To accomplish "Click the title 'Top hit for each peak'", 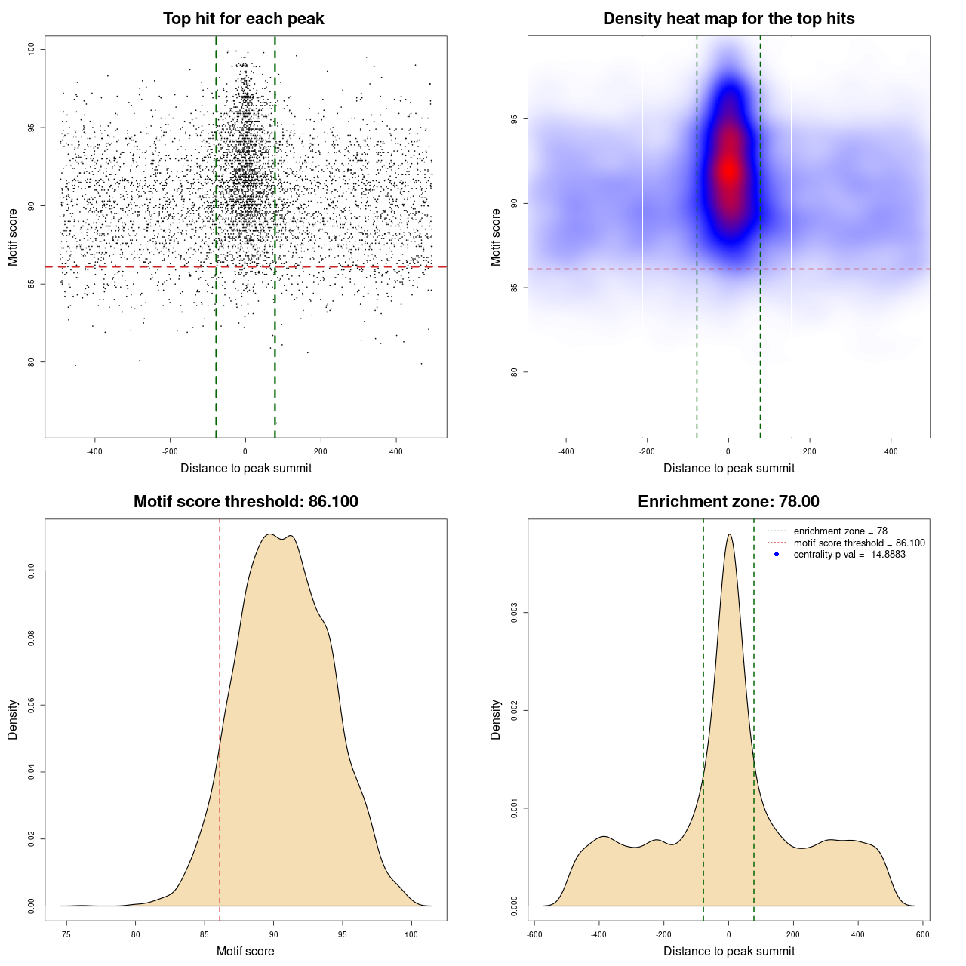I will pyautogui.click(x=243, y=19).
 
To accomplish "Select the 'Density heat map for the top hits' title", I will pyautogui.click(x=728, y=19).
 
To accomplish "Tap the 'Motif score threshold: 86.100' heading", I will pyautogui.click(x=245, y=502).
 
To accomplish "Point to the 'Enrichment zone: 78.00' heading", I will pyautogui.click(x=728, y=502).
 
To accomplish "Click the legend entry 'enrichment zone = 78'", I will pyautogui.click(x=840, y=531).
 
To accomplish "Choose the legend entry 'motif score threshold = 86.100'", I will pyautogui.click(x=859, y=543).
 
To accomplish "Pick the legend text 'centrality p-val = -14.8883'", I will pyautogui.click(x=849, y=555).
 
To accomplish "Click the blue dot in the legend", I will pyautogui.click(x=777, y=555).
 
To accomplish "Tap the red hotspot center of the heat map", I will pyautogui.click(x=728, y=170).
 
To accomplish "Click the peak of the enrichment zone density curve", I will pyautogui.click(x=729, y=534).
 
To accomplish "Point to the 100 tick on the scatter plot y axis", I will pyautogui.click(x=32, y=49).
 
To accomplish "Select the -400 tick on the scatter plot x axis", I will pyautogui.click(x=94, y=451).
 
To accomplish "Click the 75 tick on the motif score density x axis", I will pyautogui.click(x=66, y=934).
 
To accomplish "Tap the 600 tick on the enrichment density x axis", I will pyautogui.click(x=922, y=934).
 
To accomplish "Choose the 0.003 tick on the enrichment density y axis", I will pyautogui.click(x=514, y=613).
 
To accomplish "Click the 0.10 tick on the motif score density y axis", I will pyautogui.click(x=31, y=571).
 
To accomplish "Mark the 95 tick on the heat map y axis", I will pyautogui.click(x=514, y=119).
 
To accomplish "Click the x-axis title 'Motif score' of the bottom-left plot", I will pyautogui.click(x=245, y=951).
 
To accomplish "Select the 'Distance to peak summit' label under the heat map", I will pyautogui.click(x=728, y=468).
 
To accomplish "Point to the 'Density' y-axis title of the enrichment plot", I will pyautogui.click(x=496, y=719).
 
